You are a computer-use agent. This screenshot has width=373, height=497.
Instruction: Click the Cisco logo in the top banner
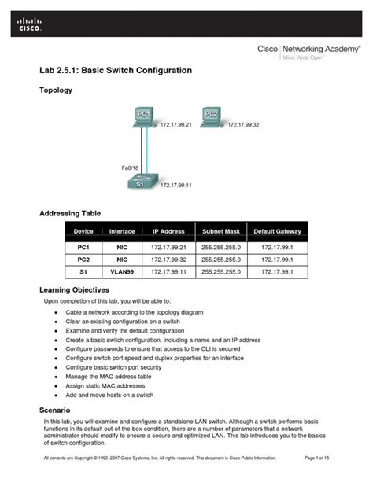click(x=26, y=26)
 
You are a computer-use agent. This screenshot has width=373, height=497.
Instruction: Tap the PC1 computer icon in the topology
click(x=143, y=119)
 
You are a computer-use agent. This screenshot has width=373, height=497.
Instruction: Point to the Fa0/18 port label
click(x=130, y=168)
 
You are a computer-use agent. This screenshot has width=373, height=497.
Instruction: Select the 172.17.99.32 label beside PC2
click(x=243, y=124)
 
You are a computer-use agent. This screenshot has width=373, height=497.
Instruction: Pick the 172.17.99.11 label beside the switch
click(x=176, y=186)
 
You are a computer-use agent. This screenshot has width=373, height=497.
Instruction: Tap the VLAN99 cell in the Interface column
click(x=122, y=271)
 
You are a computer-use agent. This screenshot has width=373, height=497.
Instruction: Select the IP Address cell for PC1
click(x=168, y=247)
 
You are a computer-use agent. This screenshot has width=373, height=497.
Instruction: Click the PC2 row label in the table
click(x=83, y=259)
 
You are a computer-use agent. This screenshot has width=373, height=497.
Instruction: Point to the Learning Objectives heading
click(x=79, y=290)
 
